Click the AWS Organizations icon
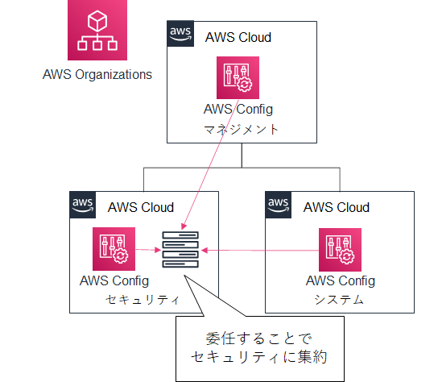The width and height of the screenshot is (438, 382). pyautogui.click(x=97, y=30)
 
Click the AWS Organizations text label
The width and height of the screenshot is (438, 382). pyautogui.click(x=97, y=75)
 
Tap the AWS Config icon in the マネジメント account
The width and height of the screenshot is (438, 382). pyautogui.click(x=238, y=77)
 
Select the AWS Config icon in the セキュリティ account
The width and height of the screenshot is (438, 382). pyautogui.click(x=114, y=249)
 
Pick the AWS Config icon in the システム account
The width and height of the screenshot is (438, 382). pyautogui.click(x=340, y=250)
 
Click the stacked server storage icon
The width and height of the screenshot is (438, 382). pyautogui.click(x=180, y=250)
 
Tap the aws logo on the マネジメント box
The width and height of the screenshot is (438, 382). pyautogui.click(x=180, y=33)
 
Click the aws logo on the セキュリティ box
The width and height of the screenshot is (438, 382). pyautogui.click(x=83, y=205)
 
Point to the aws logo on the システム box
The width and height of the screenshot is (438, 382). pyautogui.click(x=279, y=205)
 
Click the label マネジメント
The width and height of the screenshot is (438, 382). pyautogui.click(x=241, y=130)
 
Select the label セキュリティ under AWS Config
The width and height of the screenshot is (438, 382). pyautogui.click(x=143, y=300)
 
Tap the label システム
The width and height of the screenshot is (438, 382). pyautogui.click(x=339, y=300)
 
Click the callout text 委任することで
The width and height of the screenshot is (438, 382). pyautogui.click(x=258, y=338)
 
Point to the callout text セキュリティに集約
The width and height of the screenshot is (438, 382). pyautogui.click(x=259, y=357)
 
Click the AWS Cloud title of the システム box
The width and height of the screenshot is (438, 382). pyautogui.click(x=337, y=207)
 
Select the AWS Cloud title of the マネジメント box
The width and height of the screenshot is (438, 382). pyautogui.click(x=238, y=37)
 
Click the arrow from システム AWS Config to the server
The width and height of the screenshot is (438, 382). pyautogui.click(x=260, y=251)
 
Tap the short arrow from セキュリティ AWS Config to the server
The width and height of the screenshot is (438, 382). pyautogui.click(x=148, y=250)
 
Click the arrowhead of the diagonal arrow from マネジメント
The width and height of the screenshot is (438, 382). pyautogui.click(x=184, y=226)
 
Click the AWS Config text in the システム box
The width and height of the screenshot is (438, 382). pyautogui.click(x=341, y=280)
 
